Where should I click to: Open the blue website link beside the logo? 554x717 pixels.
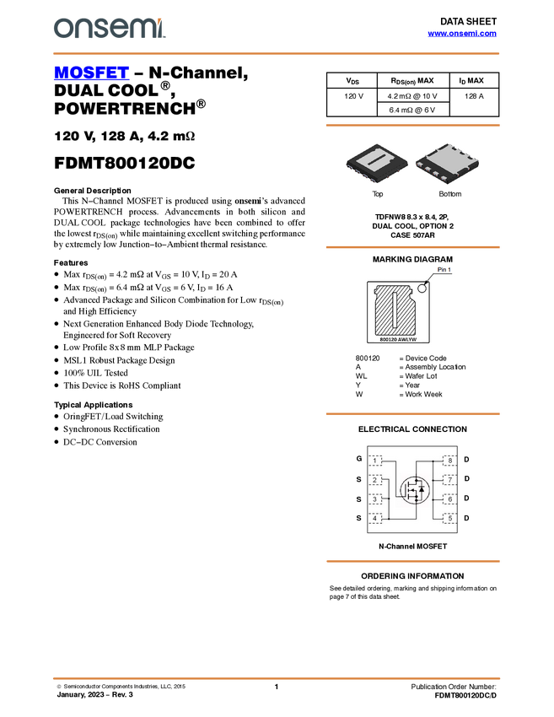click(462, 34)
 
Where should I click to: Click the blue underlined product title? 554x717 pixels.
click(91, 73)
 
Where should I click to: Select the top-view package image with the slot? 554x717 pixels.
click(377, 164)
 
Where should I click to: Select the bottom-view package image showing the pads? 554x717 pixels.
click(448, 164)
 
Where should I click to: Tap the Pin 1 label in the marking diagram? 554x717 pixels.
click(444, 270)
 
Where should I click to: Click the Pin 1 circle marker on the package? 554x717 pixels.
click(423, 287)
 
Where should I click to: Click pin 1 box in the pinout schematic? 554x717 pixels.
click(375, 461)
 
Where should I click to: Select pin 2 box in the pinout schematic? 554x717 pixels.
click(375, 480)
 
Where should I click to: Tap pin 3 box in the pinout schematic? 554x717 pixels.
click(375, 499)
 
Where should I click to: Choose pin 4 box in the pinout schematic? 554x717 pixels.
click(375, 518)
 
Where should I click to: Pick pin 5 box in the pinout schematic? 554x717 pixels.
click(449, 518)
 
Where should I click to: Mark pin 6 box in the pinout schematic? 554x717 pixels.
click(449, 499)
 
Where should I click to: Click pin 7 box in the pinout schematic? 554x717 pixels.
click(449, 480)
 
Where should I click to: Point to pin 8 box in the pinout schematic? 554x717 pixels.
click(449, 461)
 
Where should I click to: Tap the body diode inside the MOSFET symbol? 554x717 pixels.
click(422, 490)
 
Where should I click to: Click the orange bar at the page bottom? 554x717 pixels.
click(277, 677)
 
